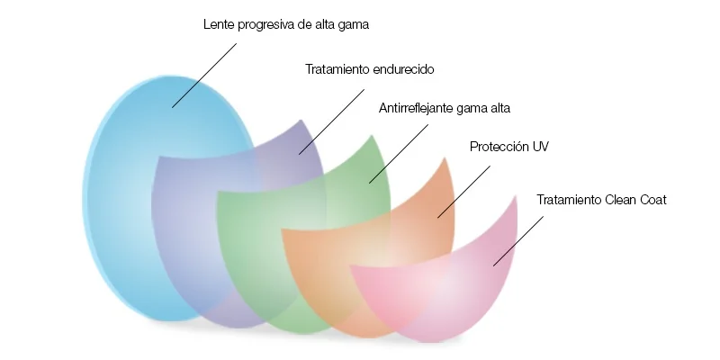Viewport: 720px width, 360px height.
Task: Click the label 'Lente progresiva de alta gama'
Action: [286, 25]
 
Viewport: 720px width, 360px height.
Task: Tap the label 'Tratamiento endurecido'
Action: [370, 69]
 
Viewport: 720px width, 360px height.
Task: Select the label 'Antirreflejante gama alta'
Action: [445, 108]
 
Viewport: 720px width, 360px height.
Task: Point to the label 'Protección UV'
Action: [509, 147]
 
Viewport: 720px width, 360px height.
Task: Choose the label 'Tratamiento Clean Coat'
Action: [601, 200]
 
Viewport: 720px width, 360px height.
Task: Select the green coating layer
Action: [257, 257]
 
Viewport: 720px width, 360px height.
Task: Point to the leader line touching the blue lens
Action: [204, 76]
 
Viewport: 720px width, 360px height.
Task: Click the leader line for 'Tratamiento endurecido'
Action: [331, 121]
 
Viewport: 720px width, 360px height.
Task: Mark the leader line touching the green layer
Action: [399, 154]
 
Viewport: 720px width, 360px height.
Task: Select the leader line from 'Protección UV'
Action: [463, 192]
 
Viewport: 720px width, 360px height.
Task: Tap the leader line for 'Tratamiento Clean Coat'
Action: [518, 241]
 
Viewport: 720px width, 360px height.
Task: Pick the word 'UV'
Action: [541, 147]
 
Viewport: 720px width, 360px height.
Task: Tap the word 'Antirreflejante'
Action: [417, 108]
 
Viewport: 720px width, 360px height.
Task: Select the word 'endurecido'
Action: [403, 69]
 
